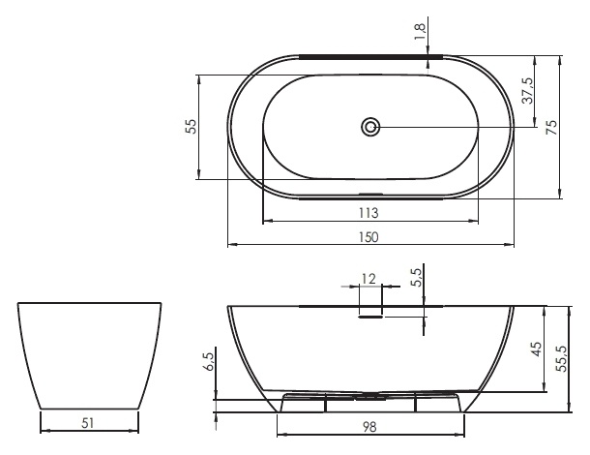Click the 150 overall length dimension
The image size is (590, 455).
point(369,237)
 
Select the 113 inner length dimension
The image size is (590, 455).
point(369,213)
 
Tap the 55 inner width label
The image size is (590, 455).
point(192,126)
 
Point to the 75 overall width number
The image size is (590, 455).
point(551,127)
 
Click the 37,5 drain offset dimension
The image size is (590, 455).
point(528,90)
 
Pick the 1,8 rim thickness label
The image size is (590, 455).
point(420,32)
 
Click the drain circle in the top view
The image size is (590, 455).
point(371,127)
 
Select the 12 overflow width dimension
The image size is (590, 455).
point(369,279)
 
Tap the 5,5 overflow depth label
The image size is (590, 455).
point(418,278)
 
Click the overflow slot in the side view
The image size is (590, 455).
point(371,318)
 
